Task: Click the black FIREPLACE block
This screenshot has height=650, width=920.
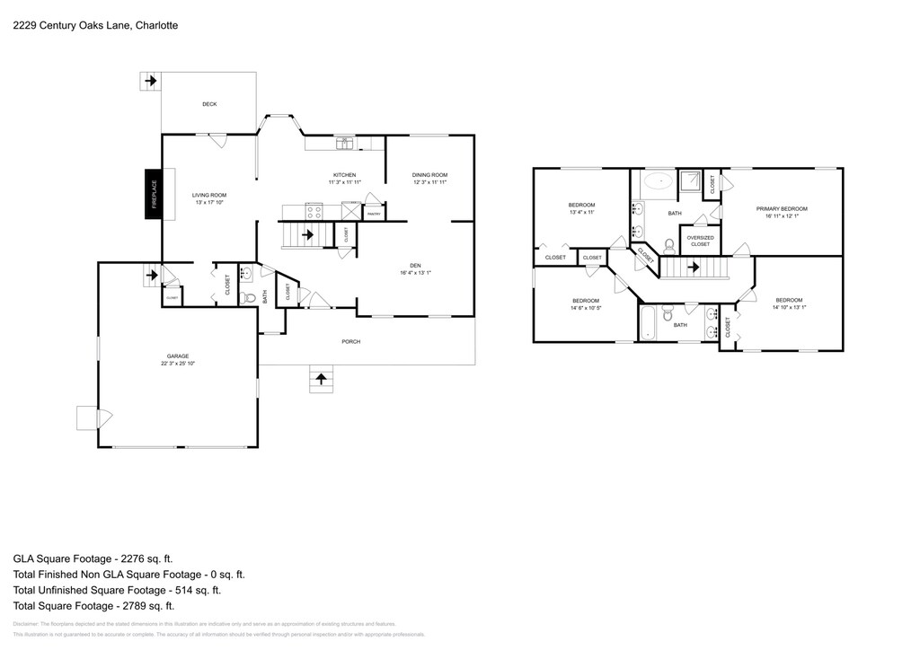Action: [154, 194]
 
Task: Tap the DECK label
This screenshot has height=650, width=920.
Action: [209, 104]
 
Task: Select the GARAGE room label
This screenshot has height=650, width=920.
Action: [177, 356]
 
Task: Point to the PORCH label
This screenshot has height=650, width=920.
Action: [350, 341]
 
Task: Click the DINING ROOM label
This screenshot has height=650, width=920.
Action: [429, 175]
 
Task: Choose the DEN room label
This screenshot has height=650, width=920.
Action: [415, 265]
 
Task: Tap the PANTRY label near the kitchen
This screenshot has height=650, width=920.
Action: [375, 215]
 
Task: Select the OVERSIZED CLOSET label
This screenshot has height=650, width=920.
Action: [700, 241]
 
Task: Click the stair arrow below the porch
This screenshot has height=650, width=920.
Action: [320, 378]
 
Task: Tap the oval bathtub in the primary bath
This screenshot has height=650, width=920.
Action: [659, 181]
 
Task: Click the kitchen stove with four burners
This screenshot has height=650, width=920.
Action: [315, 213]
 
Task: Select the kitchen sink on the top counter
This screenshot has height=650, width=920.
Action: [345, 142]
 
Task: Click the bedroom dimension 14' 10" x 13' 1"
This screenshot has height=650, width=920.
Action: [789, 307]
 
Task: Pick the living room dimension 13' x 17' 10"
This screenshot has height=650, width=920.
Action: [209, 202]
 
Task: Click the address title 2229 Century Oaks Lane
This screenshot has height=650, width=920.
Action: [94, 25]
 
